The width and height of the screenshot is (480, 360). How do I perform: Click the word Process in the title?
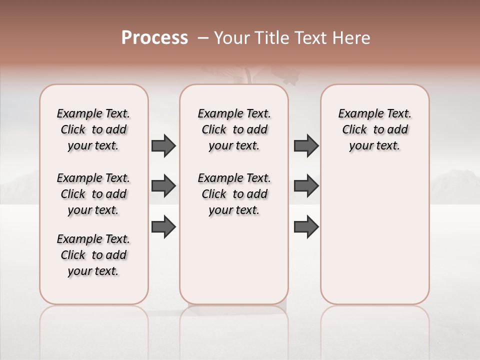pyautogui.click(x=154, y=38)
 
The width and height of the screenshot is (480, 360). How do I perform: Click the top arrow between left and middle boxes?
pyautogui.click(x=163, y=145)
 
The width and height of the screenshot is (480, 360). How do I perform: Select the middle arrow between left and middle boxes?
pyautogui.click(x=163, y=186)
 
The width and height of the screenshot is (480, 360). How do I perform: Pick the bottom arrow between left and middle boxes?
pyautogui.click(x=163, y=227)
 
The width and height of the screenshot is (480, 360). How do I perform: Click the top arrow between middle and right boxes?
pyautogui.click(x=306, y=145)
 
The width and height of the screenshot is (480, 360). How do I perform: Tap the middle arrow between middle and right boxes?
pyautogui.click(x=306, y=186)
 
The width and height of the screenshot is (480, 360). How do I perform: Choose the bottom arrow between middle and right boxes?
pyautogui.click(x=306, y=227)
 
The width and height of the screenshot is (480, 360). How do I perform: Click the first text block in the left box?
pyautogui.click(x=93, y=129)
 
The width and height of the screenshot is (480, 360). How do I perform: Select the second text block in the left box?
pyautogui.click(x=93, y=194)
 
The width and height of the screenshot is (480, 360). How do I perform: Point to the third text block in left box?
pyautogui.click(x=93, y=255)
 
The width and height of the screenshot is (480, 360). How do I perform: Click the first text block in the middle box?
pyautogui.click(x=234, y=129)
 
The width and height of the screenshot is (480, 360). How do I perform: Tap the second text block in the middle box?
pyautogui.click(x=234, y=194)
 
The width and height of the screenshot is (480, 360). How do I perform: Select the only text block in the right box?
pyautogui.click(x=374, y=129)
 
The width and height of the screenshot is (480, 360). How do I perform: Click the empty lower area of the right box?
pyautogui.click(x=374, y=235)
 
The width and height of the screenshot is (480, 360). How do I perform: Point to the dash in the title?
pyautogui.click(x=203, y=38)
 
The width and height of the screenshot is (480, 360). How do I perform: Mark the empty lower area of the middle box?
pyautogui.click(x=234, y=260)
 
